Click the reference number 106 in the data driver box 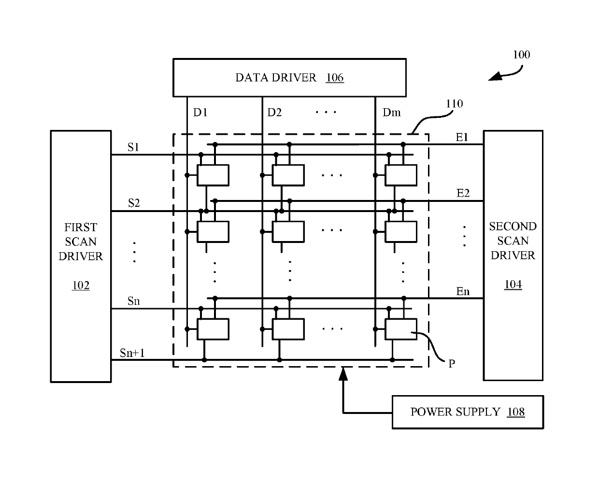pyautogui.click(x=335, y=78)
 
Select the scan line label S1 pyautogui.click(x=133, y=147)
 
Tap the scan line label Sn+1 pyautogui.click(x=132, y=353)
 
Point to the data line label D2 pyautogui.click(x=274, y=113)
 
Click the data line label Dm pyautogui.click(x=392, y=113)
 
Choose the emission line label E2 pyautogui.click(x=463, y=193)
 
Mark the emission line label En pyautogui.click(x=463, y=291)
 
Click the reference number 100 pyautogui.click(x=522, y=55)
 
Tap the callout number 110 pyautogui.click(x=455, y=103)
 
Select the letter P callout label pyautogui.click(x=452, y=364)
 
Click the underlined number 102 pyautogui.click(x=81, y=285)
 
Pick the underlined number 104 pyautogui.click(x=513, y=285)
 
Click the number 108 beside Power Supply pyautogui.click(x=516, y=412)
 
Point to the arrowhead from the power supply pyautogui.click(x=343, y=373)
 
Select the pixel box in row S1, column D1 pyautogui.click(x=213, y=175)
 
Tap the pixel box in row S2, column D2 pyautogui.click(x=288, y=232)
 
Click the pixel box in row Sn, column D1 pyautogui.click(x=213, y=329)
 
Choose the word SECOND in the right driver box pyautogui.click(x=513, y=227)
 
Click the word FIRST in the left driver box pyautogui.click(x=81, y=228)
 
